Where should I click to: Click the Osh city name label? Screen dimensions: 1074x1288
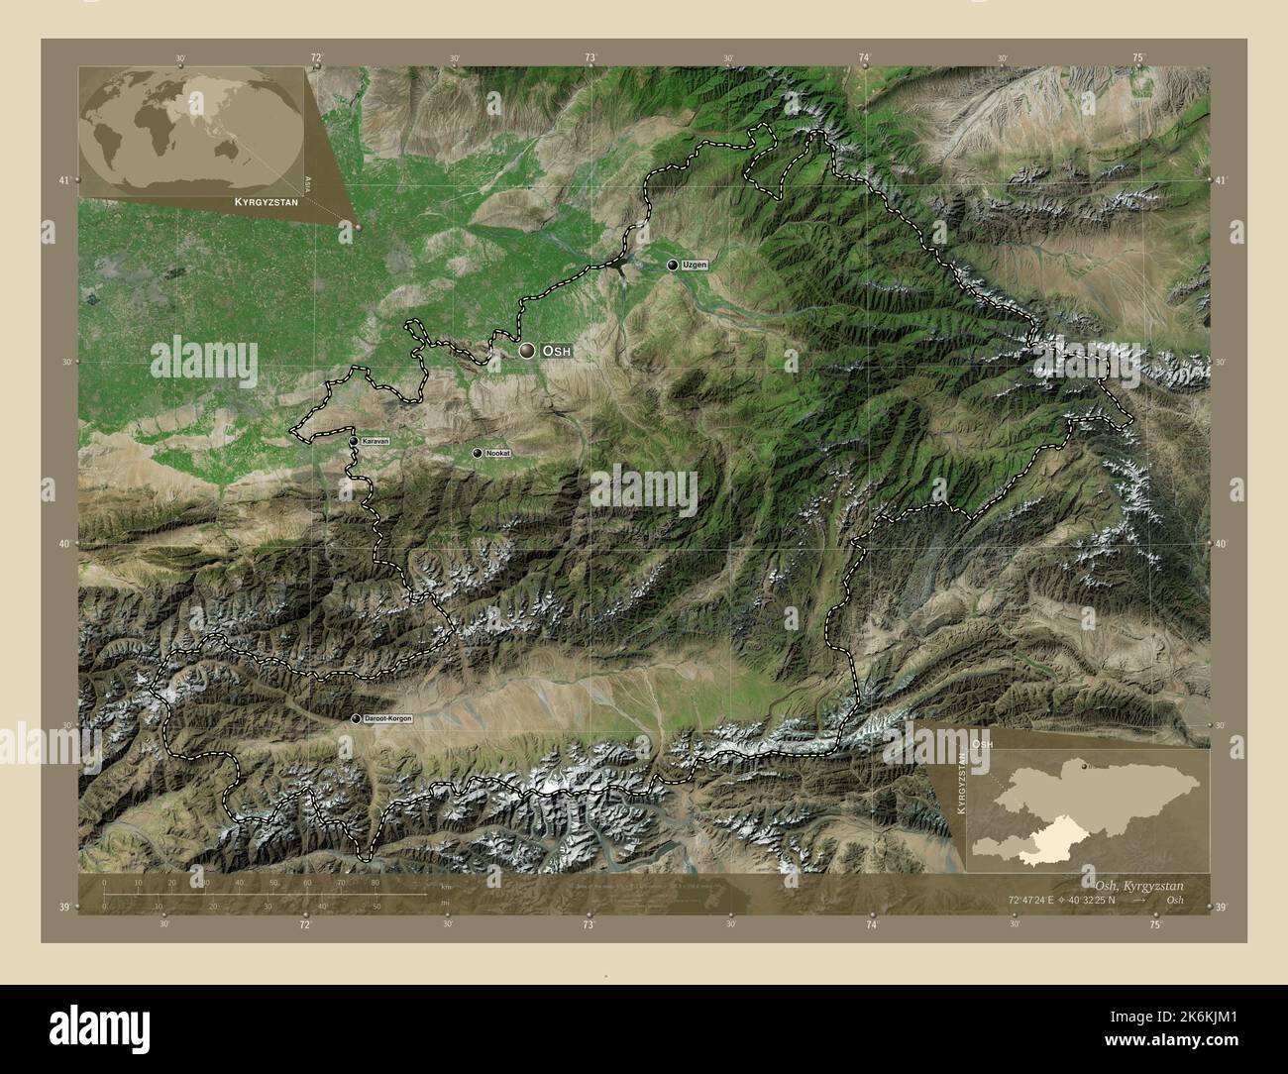click(557, 352)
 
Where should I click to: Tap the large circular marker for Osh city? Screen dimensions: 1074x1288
click(527, 351)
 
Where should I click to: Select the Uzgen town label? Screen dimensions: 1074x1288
click(694, 266)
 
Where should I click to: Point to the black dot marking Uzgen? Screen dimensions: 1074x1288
click(673, 265)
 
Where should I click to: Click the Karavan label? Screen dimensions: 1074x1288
click(376, 441)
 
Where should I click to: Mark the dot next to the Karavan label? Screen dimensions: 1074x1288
click(354, 441)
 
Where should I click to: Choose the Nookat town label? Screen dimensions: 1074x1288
click(498, 453)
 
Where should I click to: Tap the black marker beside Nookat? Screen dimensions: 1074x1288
click(478, 453)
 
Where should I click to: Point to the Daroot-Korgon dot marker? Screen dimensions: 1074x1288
click(356, 718)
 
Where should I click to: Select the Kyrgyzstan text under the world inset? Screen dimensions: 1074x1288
click(265, 201)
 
